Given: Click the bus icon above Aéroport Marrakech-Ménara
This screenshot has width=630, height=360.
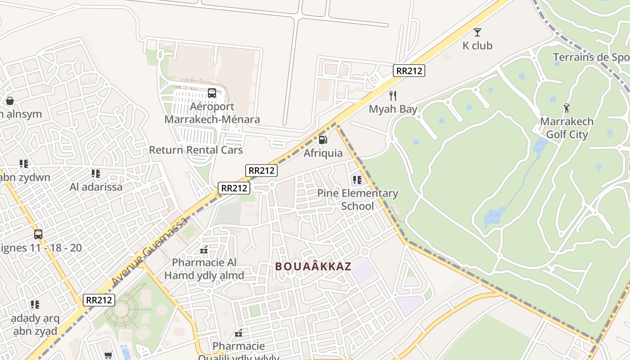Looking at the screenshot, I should [211, 93].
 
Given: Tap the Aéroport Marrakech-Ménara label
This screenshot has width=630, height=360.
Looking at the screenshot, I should [212, 113].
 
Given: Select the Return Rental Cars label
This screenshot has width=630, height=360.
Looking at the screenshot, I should [196, 150].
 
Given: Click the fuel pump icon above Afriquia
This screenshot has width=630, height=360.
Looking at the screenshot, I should [323, 139].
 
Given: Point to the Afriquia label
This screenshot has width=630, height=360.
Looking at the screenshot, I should [323, 153].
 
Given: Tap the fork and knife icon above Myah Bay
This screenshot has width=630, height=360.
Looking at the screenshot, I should [393, 95].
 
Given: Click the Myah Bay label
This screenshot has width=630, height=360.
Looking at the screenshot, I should [393, 109].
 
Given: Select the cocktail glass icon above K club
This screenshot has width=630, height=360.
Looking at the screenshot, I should [477, 32].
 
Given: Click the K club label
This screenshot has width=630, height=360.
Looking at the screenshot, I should [477, 45].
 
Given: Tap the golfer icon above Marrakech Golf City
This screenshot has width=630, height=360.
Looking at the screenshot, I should [567, 108].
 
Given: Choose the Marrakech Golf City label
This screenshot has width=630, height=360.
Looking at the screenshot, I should [567, 128].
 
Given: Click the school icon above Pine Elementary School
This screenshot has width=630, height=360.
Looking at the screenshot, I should [357, 180].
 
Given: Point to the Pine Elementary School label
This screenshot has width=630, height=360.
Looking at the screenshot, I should [358, 199].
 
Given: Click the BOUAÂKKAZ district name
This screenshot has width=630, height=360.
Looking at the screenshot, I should [313, 266].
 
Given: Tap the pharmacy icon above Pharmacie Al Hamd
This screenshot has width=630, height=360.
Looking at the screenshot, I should [204, 249].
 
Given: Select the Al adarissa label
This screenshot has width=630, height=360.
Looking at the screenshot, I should [96, 187].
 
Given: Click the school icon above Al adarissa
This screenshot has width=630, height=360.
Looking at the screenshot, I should [95, 173].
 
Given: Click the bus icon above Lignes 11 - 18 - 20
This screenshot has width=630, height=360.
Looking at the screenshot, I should [38, 234].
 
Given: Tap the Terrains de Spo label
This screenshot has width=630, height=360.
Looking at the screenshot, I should [591, 57].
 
